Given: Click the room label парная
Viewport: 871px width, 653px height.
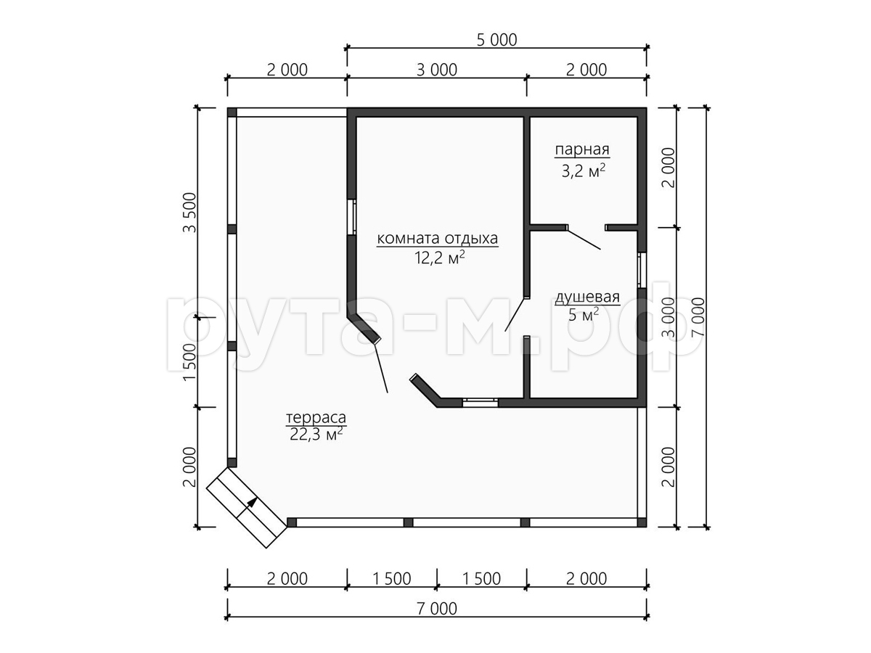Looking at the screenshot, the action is (581, 150).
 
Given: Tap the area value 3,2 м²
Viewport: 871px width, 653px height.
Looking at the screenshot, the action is (584, 171).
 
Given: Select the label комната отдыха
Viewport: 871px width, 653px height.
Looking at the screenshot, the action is (437, 238).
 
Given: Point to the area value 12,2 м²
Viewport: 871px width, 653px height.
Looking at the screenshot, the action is (440, 258).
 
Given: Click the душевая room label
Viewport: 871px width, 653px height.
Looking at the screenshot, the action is (587, 297).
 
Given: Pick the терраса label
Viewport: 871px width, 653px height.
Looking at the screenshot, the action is (316, 417).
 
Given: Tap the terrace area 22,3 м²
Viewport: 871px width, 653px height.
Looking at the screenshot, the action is (316, 435).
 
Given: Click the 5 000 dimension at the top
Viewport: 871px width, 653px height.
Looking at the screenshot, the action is (496, 40).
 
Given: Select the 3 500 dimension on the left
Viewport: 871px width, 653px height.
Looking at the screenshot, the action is (190, 213).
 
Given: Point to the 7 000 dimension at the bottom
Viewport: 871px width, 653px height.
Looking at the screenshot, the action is (437, 608).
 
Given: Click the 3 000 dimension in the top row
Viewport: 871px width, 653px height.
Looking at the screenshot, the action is (437, 70).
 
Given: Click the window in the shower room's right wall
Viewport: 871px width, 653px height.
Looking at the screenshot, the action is (642, 271).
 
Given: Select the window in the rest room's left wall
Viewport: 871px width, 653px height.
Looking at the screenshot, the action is (351, 217).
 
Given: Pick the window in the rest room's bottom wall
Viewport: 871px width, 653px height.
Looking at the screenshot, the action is (481, 403).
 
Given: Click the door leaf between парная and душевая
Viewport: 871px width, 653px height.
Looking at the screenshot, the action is (584, 239).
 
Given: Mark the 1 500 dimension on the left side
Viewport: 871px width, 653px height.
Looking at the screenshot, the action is (190, 362).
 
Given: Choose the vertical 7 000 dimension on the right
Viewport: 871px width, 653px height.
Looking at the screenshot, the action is (698, 317).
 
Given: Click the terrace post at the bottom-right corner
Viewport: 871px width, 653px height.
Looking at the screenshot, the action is (642, 522).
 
